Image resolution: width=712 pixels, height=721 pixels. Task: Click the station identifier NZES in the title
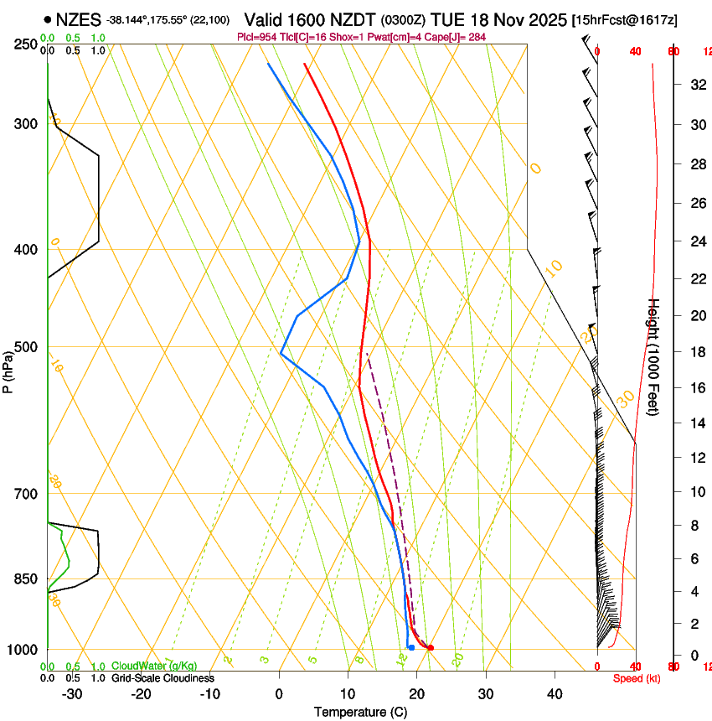pos(79,19)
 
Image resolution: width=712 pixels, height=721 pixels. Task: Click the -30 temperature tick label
pos(72,693)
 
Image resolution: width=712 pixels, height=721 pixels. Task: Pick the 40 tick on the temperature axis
pos(554,693)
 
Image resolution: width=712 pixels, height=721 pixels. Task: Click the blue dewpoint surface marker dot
pos(410,647)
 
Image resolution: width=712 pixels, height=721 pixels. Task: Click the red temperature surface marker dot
pos(431,647)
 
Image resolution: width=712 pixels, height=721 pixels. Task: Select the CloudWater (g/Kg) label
pos(154,666)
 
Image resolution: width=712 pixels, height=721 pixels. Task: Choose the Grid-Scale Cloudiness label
pos(163,677)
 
